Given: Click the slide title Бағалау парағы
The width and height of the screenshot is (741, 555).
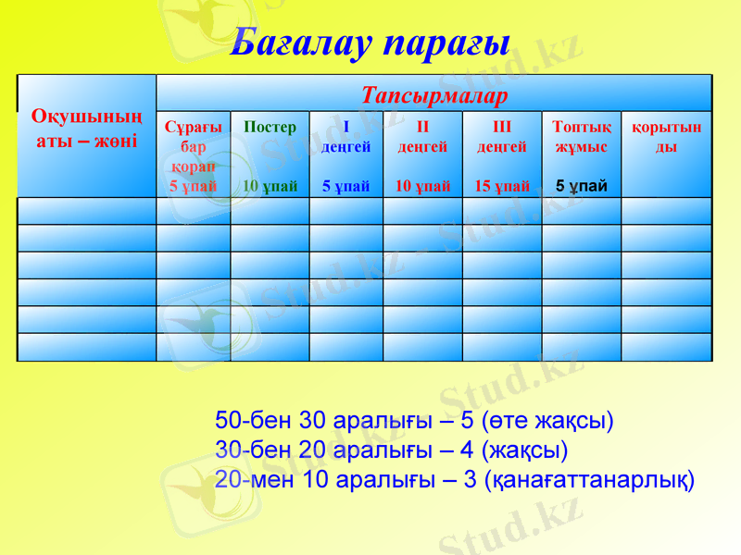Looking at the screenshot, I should coord(370,41).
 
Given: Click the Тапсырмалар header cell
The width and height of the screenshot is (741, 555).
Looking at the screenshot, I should coord(433,95).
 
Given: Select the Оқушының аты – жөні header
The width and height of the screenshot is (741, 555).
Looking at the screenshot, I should coord(86,129).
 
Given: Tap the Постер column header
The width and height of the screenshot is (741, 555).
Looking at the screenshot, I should coord(269,128).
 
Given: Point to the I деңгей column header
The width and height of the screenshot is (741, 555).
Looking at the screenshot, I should coord(345,137).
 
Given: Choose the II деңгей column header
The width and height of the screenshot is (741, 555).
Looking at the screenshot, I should coord(422,137).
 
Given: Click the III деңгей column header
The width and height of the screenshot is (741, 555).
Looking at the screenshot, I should coord(501,137).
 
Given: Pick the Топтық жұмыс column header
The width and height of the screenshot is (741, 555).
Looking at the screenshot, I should coord(580,137).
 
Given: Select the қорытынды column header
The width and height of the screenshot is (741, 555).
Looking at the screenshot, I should coord(666,137).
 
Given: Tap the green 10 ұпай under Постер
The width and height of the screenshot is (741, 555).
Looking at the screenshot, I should coord(270,186).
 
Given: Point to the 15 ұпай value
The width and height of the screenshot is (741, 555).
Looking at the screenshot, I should coord(501,186).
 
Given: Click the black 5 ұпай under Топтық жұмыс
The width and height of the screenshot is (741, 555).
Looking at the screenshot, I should coord(581,186).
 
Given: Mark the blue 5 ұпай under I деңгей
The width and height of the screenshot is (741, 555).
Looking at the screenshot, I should coord(345,186).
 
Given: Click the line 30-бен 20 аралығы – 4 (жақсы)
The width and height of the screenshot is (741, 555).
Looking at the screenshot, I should coord(391,451).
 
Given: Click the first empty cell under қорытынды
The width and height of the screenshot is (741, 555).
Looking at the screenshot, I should coord(666,211).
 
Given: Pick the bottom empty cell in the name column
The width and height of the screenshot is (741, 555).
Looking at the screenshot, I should coord(86,347).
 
